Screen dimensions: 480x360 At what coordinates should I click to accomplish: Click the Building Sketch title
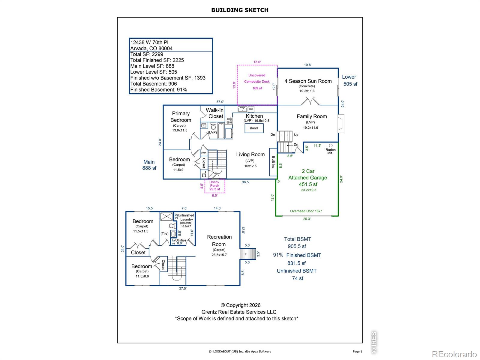240,10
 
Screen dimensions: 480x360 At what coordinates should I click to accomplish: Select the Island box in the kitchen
254,128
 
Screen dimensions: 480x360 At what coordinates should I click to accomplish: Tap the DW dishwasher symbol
251,109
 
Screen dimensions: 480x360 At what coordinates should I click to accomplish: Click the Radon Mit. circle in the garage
331,145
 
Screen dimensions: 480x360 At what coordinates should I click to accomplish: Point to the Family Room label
312,116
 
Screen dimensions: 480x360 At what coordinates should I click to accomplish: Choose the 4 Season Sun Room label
308,81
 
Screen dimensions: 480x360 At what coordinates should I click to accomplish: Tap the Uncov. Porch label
214,184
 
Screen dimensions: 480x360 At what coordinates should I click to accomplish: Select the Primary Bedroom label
181,117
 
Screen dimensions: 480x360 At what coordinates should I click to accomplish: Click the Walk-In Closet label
215,113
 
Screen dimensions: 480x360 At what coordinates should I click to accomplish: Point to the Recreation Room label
219,240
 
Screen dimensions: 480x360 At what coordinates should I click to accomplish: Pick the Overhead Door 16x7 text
306,211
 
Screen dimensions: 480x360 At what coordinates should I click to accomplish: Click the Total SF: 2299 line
147,54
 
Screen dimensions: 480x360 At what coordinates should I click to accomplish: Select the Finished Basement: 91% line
158,90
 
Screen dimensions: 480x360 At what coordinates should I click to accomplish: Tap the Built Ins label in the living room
273,162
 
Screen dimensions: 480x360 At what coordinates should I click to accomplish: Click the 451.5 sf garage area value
308,184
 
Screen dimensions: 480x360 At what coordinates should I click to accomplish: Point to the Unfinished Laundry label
186,217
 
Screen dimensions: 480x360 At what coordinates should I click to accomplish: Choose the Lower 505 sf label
350,80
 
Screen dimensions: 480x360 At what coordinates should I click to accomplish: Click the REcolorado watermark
454,354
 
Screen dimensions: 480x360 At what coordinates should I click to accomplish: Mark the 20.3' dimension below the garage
307,219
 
